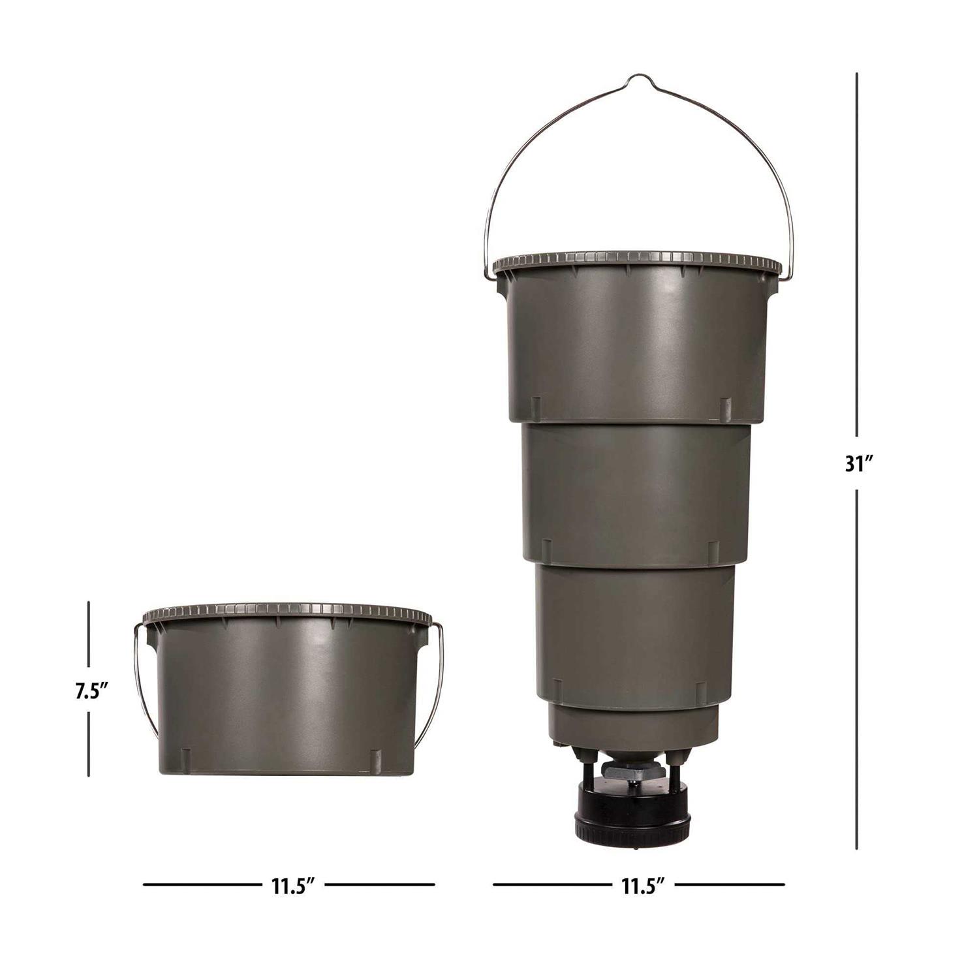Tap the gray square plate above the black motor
(632, 772)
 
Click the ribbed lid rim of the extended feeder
(636, 260)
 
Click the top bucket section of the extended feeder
(636, 346)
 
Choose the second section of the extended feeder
(636, 489)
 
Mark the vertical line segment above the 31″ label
(857, 255)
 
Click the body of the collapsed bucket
(287, 698)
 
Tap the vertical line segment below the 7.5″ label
(88, 744)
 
